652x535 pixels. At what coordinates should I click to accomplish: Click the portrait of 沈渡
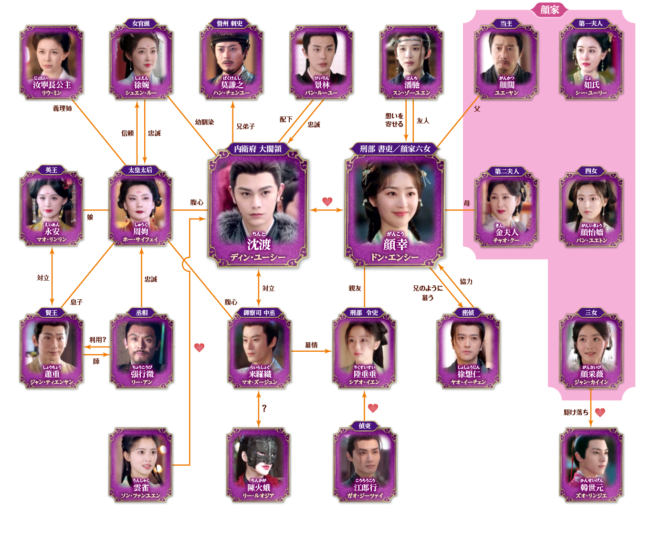point(258,200)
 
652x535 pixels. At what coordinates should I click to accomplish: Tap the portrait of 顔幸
point(395,200)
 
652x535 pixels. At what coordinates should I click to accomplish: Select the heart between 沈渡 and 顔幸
point(327,201)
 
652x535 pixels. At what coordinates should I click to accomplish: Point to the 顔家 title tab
point(549,9)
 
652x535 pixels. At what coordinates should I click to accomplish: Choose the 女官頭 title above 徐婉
point(141,23)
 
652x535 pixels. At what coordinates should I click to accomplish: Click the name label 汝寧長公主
point(52,85)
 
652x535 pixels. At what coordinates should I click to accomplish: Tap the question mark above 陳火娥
point(264,408)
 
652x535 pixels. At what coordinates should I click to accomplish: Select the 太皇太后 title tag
point(140,170)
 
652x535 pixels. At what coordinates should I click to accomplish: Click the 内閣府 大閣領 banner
point(258,149)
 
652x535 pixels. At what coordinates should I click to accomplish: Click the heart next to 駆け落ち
point(600,412)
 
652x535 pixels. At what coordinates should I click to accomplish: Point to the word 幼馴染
point(204,122)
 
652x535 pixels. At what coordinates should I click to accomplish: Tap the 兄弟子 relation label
point(245,126)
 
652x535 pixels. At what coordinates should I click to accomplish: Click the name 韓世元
point(591,488)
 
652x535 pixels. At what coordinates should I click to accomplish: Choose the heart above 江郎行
point(373,408)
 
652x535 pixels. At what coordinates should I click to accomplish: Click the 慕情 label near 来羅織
point(311,345)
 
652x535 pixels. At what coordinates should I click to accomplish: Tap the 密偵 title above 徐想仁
point(468,313)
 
